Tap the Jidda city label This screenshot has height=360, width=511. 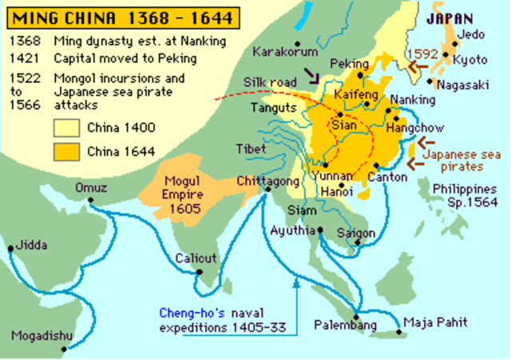point(30,244)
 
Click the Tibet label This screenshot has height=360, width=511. point(251,149)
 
